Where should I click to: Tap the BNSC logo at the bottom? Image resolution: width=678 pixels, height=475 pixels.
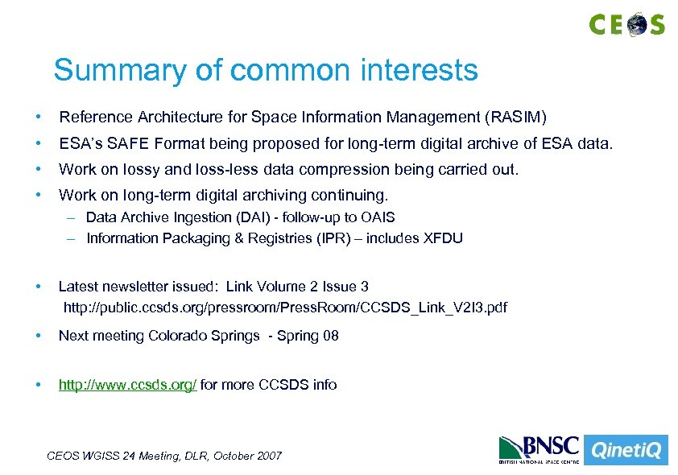pyautogui.click(x=538, y=449)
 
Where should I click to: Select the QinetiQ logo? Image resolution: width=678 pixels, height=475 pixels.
pyautogui.click(x=625, y=450)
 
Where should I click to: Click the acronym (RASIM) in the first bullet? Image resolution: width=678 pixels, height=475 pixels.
pyautogui.click(x=515, y=118)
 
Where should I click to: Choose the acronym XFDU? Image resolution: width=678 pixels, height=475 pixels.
pyautogui.click(x=443, y=238)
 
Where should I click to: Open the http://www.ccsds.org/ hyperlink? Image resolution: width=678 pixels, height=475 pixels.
pyautogui.click(x=127, y=385)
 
